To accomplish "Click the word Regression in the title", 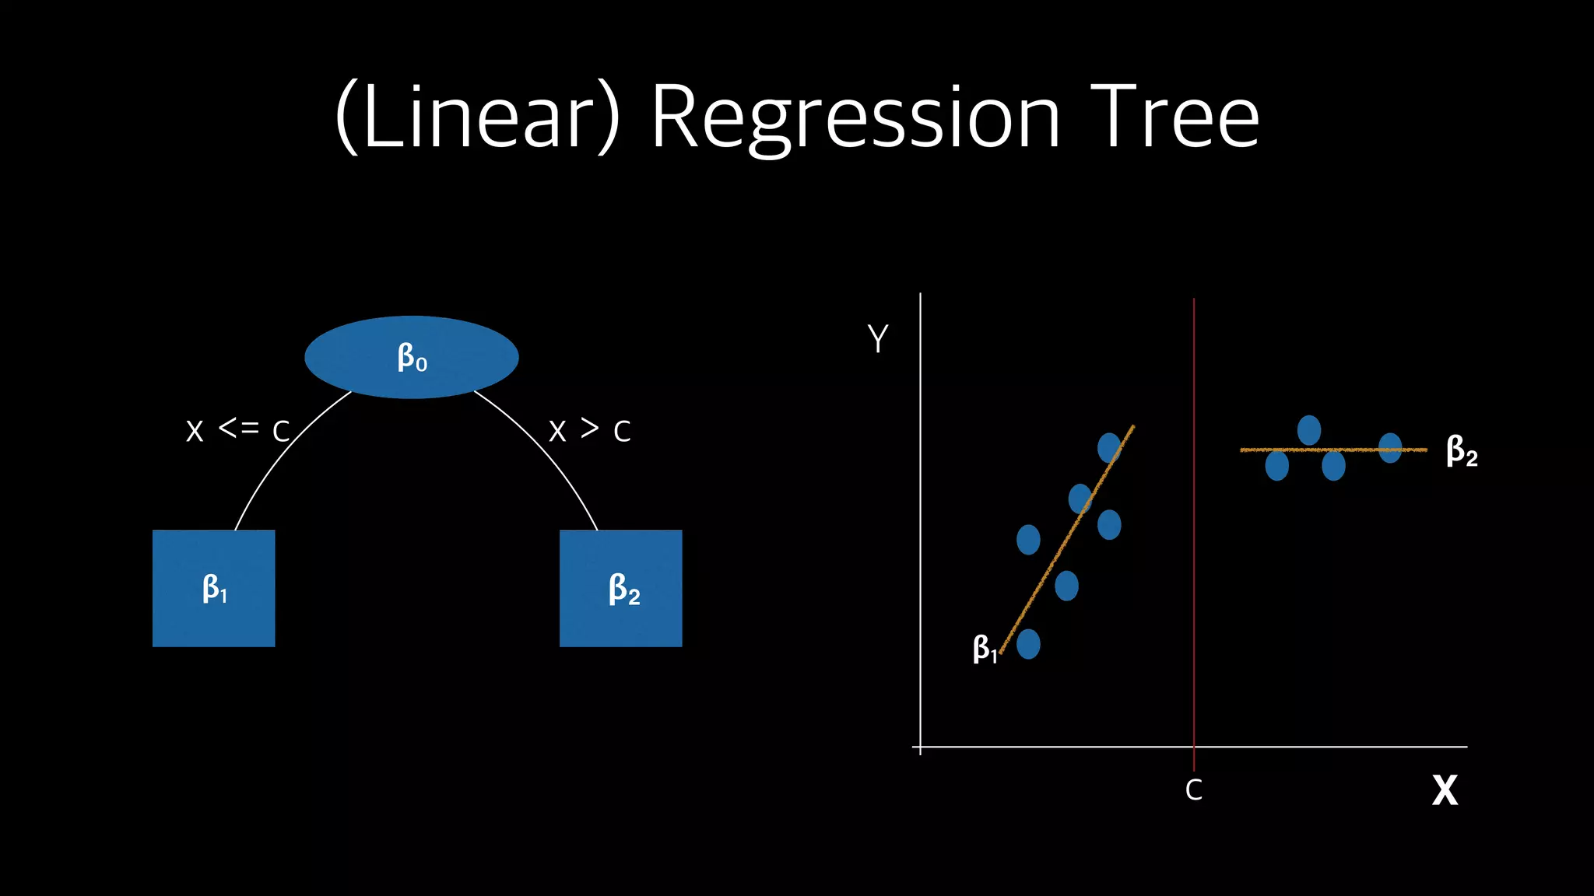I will tap(855, 118).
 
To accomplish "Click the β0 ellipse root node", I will tap(411, 357).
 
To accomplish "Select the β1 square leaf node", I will tap(214, 588).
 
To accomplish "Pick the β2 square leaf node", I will tap(621, 588).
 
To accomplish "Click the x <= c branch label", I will tap(237, 429).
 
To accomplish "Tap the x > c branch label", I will tap(589, 429).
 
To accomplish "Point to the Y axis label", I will tap(878, 339).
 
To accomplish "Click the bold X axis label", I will tap(1445, 790).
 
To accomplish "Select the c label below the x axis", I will tap(1193, 790).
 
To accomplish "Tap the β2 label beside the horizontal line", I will tap(1462, 451).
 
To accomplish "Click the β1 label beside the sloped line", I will tap(984, 648).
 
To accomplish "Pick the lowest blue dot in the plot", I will tap(1028, 644).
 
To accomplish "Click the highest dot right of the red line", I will tap(1309, 430).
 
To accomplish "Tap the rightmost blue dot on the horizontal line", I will tap(1390, 448).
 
